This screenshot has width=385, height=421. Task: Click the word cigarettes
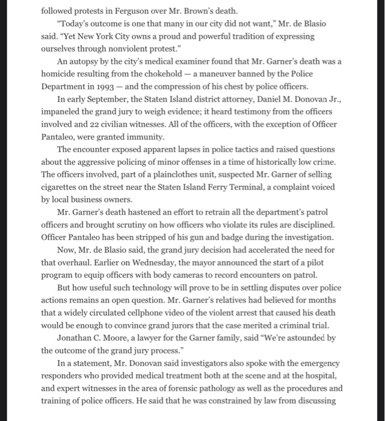coord(63,186)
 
